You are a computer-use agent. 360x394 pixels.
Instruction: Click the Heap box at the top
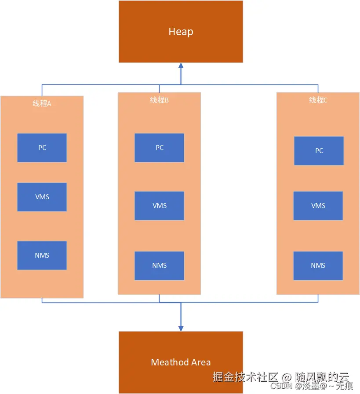[x=181, y=44]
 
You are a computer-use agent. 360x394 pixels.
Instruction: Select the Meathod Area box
[x=181, y=347]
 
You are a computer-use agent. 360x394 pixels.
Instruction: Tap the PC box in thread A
[x=42, y=148]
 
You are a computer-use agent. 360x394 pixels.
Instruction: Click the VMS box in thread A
[x=42, y=197]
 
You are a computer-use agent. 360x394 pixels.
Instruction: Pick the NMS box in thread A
[x=42, y=255]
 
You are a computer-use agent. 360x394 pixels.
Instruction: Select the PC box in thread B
[x=160, y=148]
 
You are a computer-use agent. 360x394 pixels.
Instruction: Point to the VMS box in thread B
[x=160, y=206]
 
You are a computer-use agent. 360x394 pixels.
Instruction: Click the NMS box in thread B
[x=160, y=266]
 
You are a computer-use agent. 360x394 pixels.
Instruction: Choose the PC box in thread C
[x=319, y=151]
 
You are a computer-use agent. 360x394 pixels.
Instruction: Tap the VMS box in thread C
[x=318, y=206]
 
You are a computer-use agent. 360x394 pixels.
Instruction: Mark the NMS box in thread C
[x=318, y=266]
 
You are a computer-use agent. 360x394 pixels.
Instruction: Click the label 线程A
[x=42, y=104]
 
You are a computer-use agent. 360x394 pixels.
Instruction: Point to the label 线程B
[x=159, y=100]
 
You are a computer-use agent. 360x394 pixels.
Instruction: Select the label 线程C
[x=318, y=100]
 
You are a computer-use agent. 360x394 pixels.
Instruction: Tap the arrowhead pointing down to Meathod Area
[x=181, y=328]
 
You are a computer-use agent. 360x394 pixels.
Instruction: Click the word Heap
[x=181, y=32]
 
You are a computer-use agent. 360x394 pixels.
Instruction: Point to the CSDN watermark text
[x=281, y=386]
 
